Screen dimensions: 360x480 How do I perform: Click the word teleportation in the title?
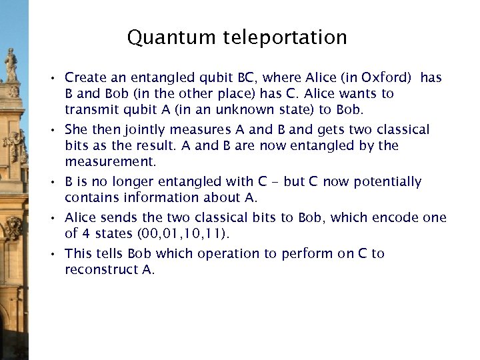pyautogui.click(x=285, y=38)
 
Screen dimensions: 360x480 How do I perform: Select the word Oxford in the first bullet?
pyautogui.click(x=382, y=78)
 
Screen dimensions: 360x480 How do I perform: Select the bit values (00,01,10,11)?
pyautogui.click(x=182, y=234)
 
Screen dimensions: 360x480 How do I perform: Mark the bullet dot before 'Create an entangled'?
pyautogui.click(x=57, y=79)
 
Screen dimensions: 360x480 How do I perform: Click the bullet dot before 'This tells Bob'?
pyautogui.click(x=57, y=255)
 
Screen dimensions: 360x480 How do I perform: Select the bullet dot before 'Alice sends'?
pyautogui.click(x=57, y=219)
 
